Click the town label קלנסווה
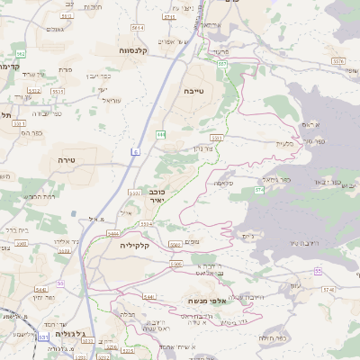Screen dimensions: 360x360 [x=139, y=51]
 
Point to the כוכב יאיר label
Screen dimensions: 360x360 [x=156, y=197]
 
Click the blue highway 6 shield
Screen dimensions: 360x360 [x=135, y=153]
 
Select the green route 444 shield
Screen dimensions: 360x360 [x=160, y=134]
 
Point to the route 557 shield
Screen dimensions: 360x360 [x=221, y=64]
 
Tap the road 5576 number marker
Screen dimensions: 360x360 [x=337, y=59]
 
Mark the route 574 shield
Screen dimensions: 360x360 [x=259, y=190]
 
